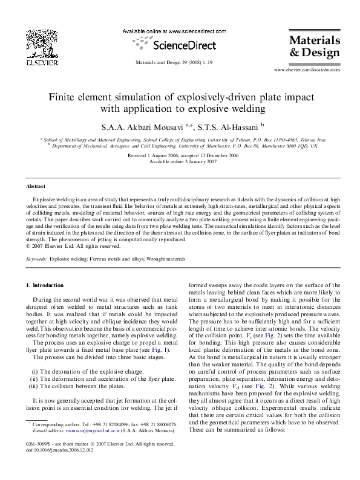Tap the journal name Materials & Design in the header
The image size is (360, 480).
pos(314,47)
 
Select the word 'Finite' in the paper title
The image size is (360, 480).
pos(62,98)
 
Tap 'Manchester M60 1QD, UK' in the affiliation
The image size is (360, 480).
pos(293,145)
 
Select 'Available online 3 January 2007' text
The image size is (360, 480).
pos(180,161)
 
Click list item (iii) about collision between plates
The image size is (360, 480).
pos(79,386)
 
